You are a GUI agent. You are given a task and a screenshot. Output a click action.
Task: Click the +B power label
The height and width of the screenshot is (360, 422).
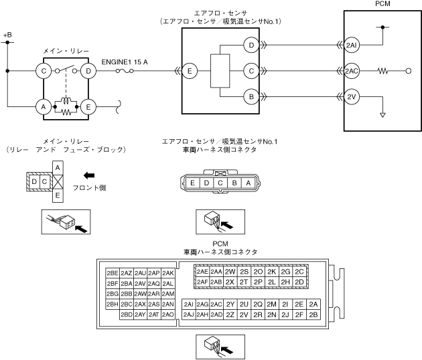[x=7, y=35]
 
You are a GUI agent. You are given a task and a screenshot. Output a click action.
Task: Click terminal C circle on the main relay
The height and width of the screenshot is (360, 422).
[x=44, y=71]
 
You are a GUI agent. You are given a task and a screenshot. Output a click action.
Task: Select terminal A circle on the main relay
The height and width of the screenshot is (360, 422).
[x=44, y=107]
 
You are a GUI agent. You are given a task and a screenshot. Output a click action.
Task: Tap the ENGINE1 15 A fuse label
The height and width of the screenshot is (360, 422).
[x=125, y=62]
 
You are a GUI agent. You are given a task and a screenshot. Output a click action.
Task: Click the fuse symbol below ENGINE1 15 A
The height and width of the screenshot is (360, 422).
[x=125, y=71]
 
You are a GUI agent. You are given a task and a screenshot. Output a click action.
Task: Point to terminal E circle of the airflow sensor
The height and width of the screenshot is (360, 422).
[x=190, y=71]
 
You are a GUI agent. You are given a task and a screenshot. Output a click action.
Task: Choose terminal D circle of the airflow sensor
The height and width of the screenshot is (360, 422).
[x=251, y=46]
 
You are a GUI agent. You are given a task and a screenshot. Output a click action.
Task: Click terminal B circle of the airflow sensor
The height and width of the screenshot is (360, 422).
[x=251, y=96]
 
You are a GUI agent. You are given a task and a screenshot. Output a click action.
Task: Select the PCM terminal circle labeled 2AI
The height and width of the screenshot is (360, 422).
[x=352, y=46]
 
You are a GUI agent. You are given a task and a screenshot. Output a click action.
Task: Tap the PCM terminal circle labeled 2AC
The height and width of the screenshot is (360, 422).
[x=352, y=71]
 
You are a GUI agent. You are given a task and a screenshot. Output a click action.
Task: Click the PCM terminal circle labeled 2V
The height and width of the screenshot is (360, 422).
[x=352, y=96]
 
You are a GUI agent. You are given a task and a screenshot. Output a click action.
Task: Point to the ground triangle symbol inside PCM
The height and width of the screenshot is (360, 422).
[x=382, y=115]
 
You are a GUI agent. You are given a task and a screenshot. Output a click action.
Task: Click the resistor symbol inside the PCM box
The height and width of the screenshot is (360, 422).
[x=382, y=71]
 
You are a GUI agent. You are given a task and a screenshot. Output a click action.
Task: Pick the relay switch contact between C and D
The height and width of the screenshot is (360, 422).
[x=66, y=70]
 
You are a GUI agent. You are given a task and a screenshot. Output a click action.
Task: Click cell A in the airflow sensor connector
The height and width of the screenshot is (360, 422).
[x=248, y=183]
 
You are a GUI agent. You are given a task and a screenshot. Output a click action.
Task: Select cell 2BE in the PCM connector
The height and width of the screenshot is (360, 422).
[x=113, y=273]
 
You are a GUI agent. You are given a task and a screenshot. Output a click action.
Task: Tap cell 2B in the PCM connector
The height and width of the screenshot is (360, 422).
[x=313, y=314]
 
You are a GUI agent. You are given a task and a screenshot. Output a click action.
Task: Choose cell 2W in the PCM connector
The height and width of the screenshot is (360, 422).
[x=230, y=272]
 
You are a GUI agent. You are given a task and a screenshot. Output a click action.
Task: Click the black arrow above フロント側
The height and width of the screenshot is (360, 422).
[x=89, y=175]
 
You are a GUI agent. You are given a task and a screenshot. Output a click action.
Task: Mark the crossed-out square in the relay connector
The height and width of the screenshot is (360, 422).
[x=58, y=182]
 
